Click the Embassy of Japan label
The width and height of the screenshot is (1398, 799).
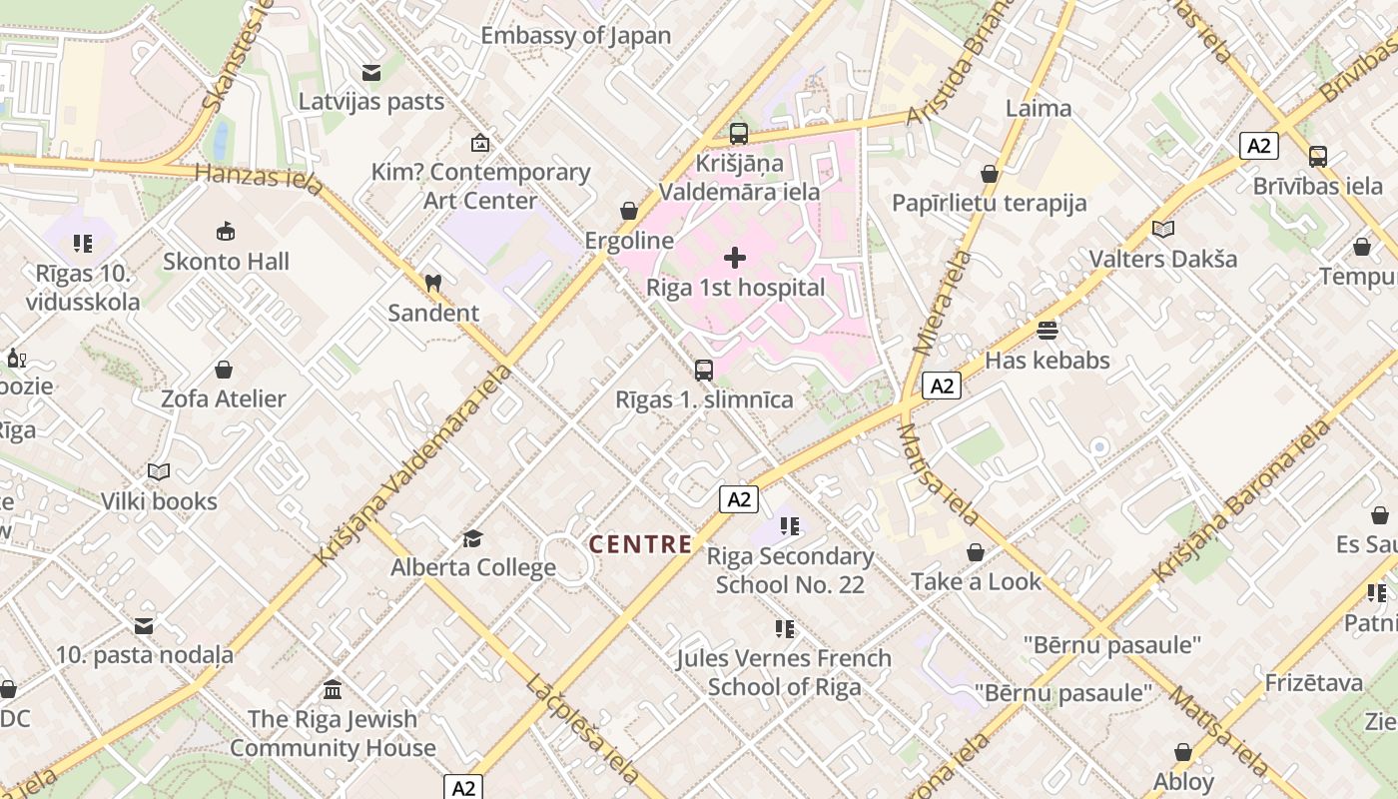click(576, 36)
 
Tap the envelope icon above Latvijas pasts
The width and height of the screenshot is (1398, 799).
click(371, 73)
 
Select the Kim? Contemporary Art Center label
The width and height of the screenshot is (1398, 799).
click(480, 186)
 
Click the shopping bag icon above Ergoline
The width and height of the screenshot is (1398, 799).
click(629, 211)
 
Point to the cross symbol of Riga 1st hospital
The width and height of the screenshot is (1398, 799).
click(735, 259)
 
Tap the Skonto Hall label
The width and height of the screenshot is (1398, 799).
click(227, 262)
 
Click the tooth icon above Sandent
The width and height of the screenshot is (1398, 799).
click(432, 284)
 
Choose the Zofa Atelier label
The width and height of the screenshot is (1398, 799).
click(224, 399)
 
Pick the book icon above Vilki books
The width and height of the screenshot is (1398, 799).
click(159, 471)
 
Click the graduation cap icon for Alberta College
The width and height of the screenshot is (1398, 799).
click(472, 539)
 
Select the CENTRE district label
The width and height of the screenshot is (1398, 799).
click(640, 544)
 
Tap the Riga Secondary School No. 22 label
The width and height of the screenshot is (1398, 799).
click(790, 570)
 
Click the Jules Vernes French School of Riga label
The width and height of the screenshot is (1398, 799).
click(784, 672)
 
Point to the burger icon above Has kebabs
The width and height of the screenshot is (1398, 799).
click(1048, 330)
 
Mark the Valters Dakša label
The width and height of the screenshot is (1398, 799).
click(1162, 259)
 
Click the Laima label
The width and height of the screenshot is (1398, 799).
click(1039, 108)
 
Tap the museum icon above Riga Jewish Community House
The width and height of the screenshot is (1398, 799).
click(333, 690)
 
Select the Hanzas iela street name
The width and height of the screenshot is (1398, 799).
click(259, 178)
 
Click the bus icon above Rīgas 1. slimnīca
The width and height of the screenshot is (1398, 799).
click(704, 371)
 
